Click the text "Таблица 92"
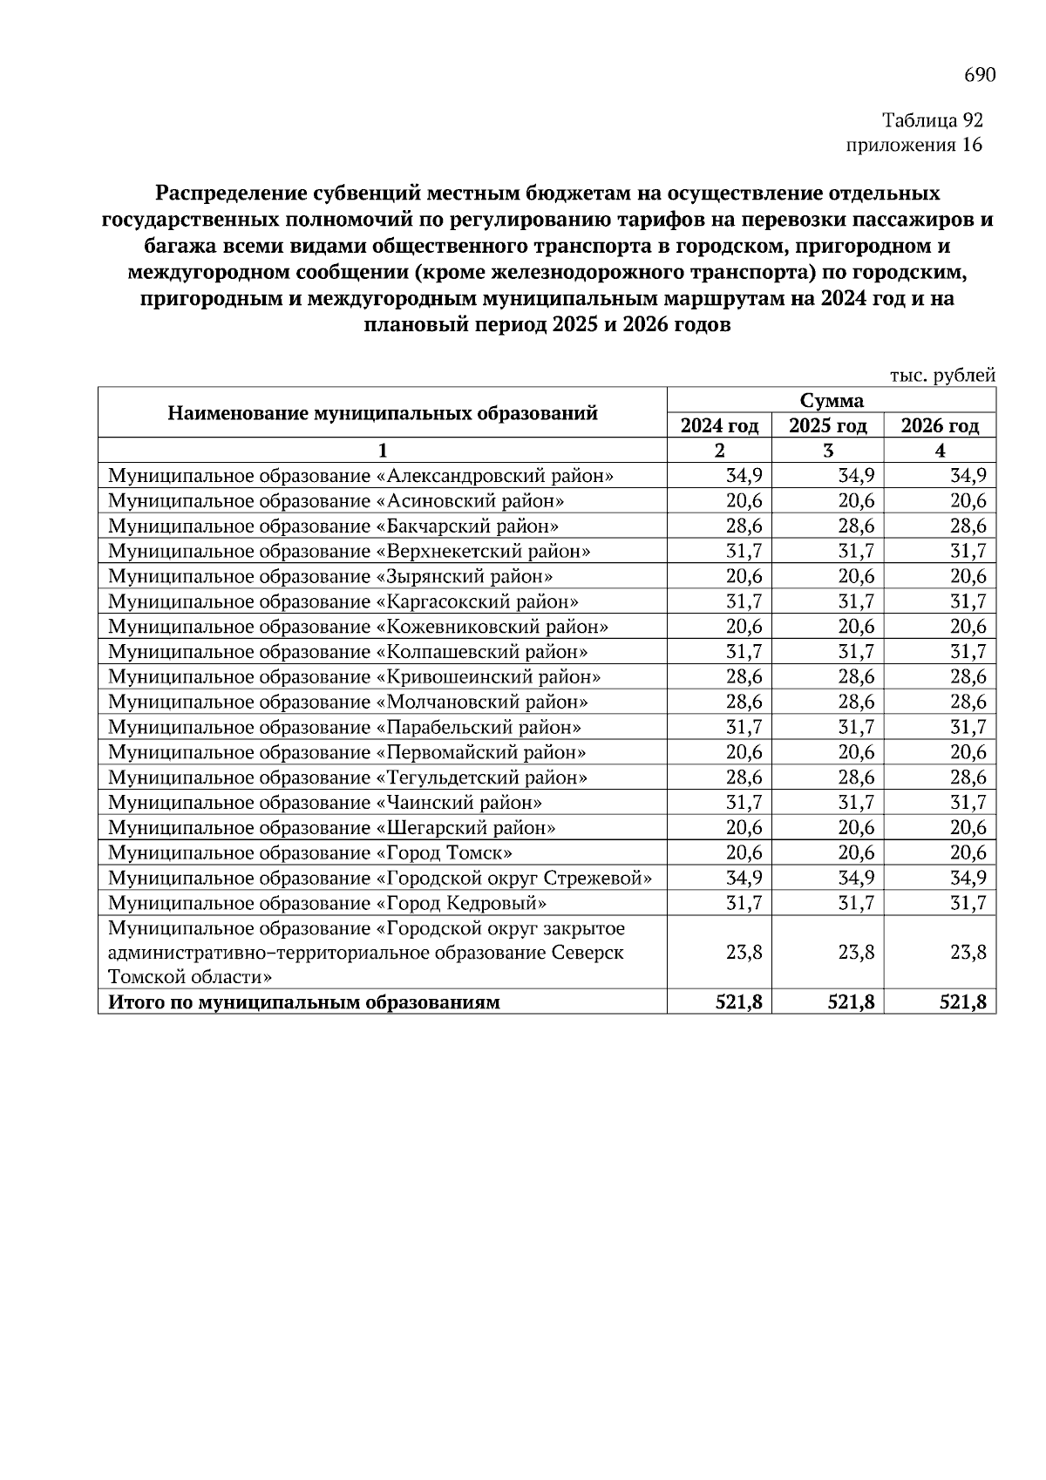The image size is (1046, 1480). click(x=932, y=120)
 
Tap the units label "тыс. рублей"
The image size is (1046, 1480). click(x=942, y=376)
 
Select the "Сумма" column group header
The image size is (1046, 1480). click(x=831, y=401)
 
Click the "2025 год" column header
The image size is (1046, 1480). click(x=827, y=426)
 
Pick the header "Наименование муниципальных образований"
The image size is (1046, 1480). click(x=382, y=413)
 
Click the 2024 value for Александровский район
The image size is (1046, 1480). click(x=744, y=476)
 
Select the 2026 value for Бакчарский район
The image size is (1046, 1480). click(x=968, y=526)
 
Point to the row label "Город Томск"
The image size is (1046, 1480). click(x=309, y=853)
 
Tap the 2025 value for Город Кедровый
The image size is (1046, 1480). click(x=856, y=904)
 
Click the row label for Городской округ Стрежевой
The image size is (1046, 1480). click(x=380, y=879)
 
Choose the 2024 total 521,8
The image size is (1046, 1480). click(x=738, y=1002)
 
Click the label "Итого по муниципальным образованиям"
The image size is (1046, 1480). click(x=303, y=1002)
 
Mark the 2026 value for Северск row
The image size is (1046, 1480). click(x=968, y=953)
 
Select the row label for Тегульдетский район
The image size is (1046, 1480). click(x=347, y=777)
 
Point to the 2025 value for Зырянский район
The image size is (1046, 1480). click(x=856, y=577)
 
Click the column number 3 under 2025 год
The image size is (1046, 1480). click(x=827, y=451)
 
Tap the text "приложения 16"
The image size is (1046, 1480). click(x=914, y=145)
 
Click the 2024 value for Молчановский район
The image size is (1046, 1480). click(x=744, y=703)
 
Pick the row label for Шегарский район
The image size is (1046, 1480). click(x=331, y=828)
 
